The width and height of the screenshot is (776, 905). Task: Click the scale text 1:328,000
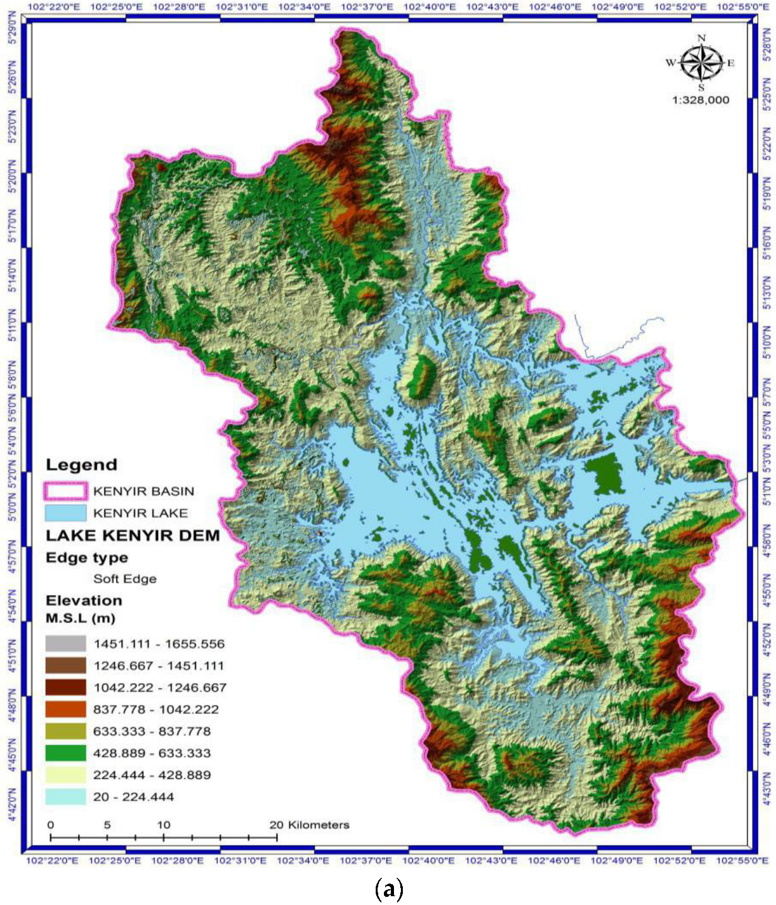click(x=700, y=100)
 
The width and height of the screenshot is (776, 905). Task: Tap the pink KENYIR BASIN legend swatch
click(x=65, y=491)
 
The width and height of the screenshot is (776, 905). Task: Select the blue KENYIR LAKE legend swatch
click(x=65, y=513)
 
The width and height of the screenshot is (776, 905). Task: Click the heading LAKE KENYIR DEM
click(x=132, y=535)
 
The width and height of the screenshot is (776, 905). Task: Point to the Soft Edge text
click(x=125, y=579)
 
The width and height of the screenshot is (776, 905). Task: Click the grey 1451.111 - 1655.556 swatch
click(x=65, y=644)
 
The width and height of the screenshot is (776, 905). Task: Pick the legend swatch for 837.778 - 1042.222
click(x=65, y=709)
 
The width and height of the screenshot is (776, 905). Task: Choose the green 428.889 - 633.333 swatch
click(x=65, y=753)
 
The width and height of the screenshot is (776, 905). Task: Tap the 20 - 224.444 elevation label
click(x=134, y=797)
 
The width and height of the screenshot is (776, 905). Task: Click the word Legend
click(x=81, y=465)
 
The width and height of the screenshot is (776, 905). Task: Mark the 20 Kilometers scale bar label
click(x=310, y=825)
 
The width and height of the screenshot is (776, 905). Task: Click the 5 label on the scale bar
click(x=107, y=825)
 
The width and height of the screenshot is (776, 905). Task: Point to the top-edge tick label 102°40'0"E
click(x=430, y=7)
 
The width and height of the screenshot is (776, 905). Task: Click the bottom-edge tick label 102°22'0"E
click(x=52, y=861)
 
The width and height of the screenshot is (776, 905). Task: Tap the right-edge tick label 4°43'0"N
click(x=767, y=788)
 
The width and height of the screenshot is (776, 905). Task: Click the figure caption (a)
click(x=388, y=889)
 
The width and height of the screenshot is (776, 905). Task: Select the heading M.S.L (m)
click(x=80, y=618)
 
